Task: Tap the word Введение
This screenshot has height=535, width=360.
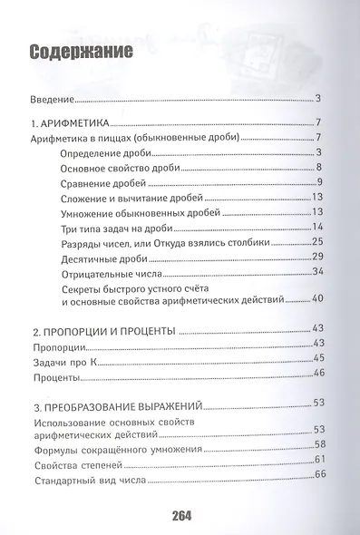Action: point(53,99)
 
